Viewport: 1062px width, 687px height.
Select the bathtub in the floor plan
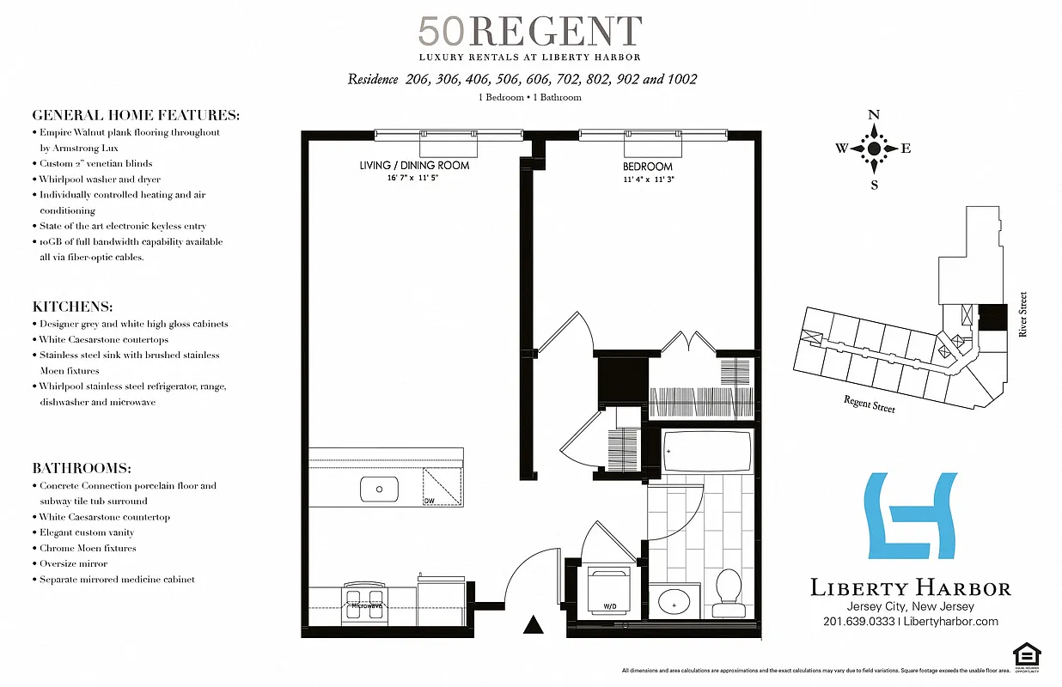tap(706, 452)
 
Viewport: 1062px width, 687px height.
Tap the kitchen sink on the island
tap(378, 491)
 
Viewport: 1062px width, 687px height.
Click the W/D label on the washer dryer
tap(610, 606)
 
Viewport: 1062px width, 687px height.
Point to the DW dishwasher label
tap(429, 501)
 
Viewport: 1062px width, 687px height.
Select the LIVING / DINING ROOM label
tap(414, 165)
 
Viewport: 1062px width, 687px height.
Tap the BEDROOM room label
tap(648, 166)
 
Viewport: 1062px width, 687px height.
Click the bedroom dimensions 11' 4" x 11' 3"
tap(648, 179)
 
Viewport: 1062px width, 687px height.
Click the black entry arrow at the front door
tap(534, 625)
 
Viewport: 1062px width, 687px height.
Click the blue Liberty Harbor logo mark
tap(911, 515)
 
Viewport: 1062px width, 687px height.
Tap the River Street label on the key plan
tap(1022, 314)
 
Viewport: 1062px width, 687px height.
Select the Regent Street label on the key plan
tap(869, 403)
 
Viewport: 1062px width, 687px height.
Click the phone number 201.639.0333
tap(858, 622)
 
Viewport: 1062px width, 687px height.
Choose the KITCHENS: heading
tap(73, 307)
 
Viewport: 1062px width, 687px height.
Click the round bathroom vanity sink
tap(674, 601)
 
